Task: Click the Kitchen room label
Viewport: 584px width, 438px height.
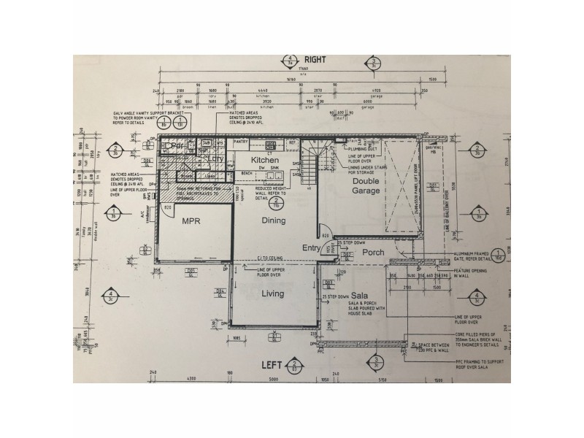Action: click(266, 159)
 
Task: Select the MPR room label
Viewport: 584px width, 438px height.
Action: click(191, 220)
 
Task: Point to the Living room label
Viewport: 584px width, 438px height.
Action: click(272, 293)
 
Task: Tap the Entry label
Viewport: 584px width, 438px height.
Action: click(312, 248)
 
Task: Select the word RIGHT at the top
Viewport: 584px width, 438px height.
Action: click(315, 61)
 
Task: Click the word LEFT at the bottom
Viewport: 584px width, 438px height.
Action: click(272, 363)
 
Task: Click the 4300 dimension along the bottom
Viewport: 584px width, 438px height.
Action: click(192, 379)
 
